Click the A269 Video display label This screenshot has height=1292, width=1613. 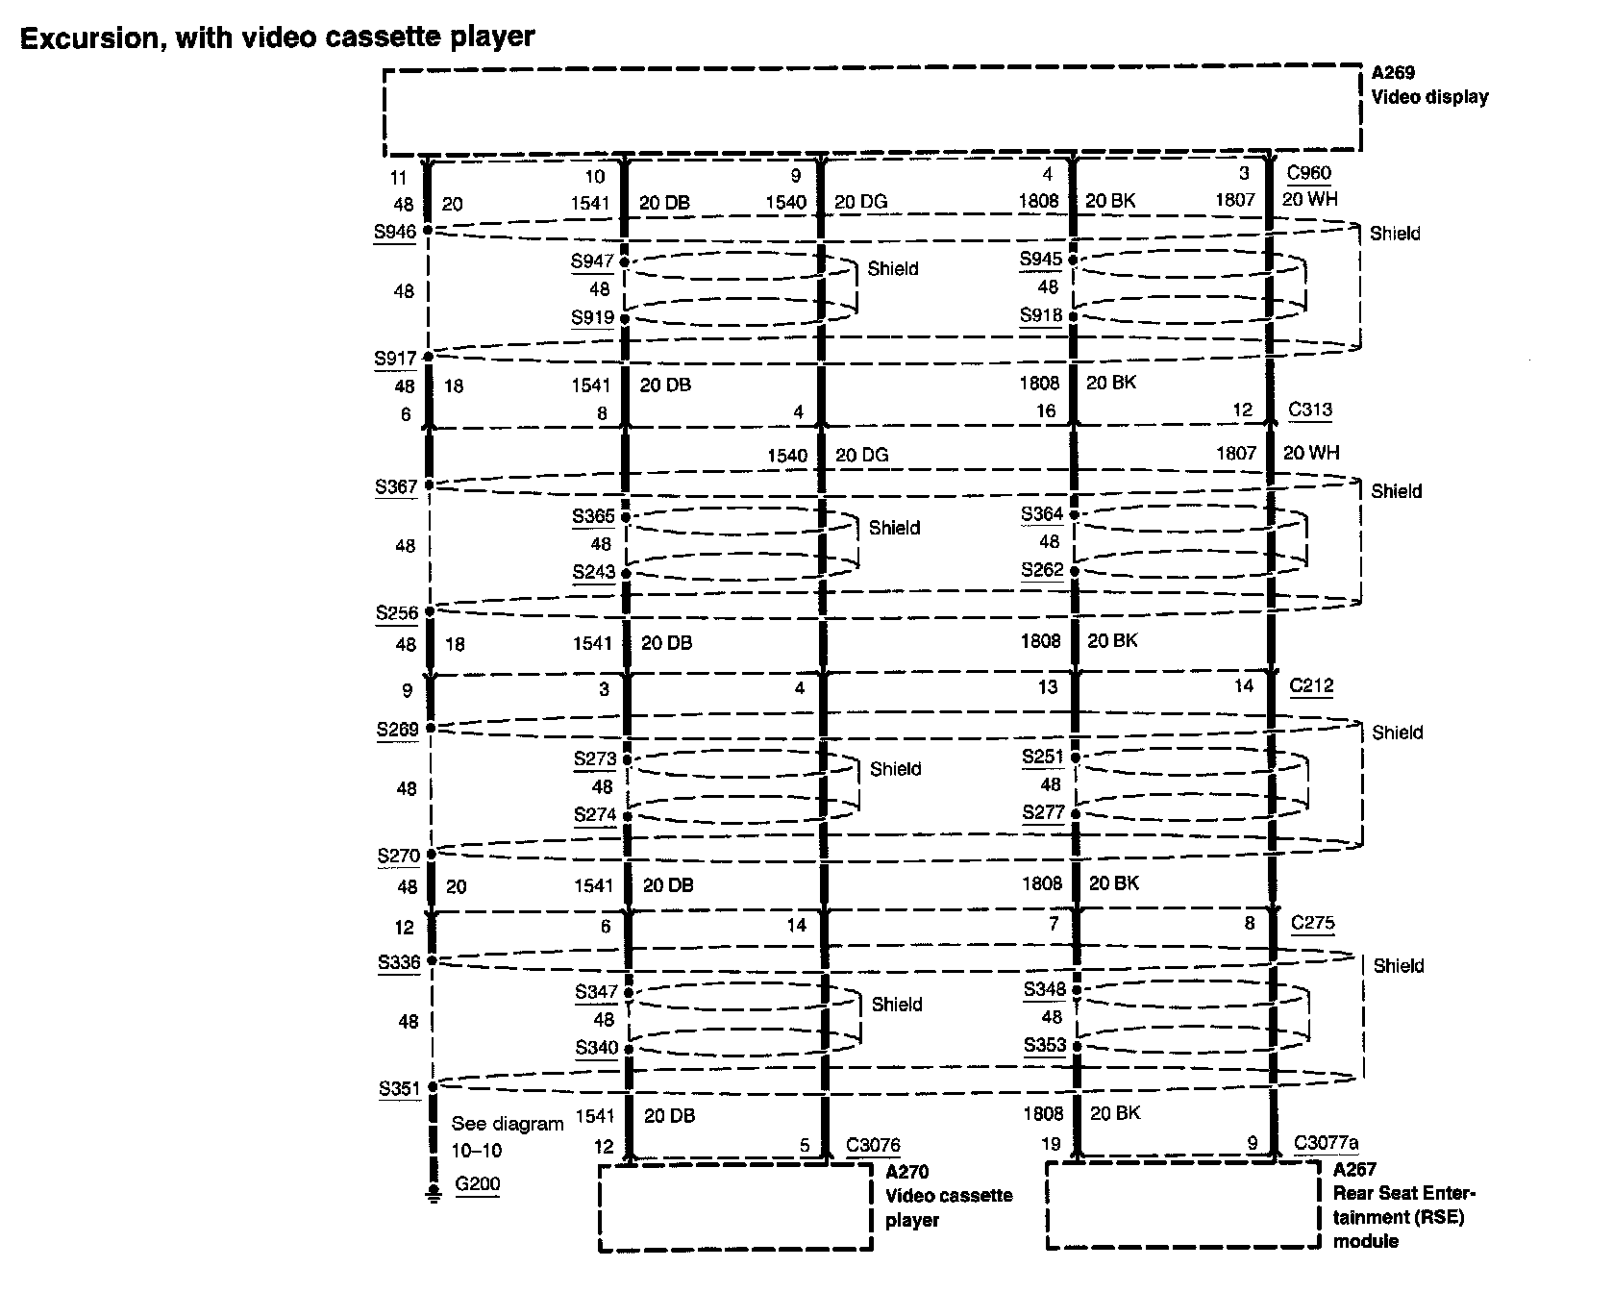(x=1428, y=85)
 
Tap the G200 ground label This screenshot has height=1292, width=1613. (x=478, y=1183)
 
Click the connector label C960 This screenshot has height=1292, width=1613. (x=1308, y=173)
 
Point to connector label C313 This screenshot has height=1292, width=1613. (x=1310, y=410)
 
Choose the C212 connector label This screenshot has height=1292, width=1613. (x=1311, y=685)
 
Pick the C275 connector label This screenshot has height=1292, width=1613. (x=1312, y=923)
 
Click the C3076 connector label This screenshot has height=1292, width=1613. (x=873, y=1145)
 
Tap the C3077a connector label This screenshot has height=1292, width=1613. (x=1326, y=1143)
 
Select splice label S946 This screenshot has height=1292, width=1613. (x=395, y=232)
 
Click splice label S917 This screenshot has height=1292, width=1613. (x=395, y=359)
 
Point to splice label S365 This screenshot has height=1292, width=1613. (x=593, y=516)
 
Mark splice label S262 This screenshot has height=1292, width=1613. (x=1042, y=569)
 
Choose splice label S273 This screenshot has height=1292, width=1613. (x=595, y=758)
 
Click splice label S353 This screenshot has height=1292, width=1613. (x=1045, y=1045)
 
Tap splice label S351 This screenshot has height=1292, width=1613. (x=399, y=1088)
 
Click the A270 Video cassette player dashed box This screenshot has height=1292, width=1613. (x=734, y=1207)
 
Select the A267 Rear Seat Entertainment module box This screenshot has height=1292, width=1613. (x=1182, y=1205)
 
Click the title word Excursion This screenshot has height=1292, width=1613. (x=93, y=37)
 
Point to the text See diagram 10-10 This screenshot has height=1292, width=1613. (x=506, y=1136)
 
